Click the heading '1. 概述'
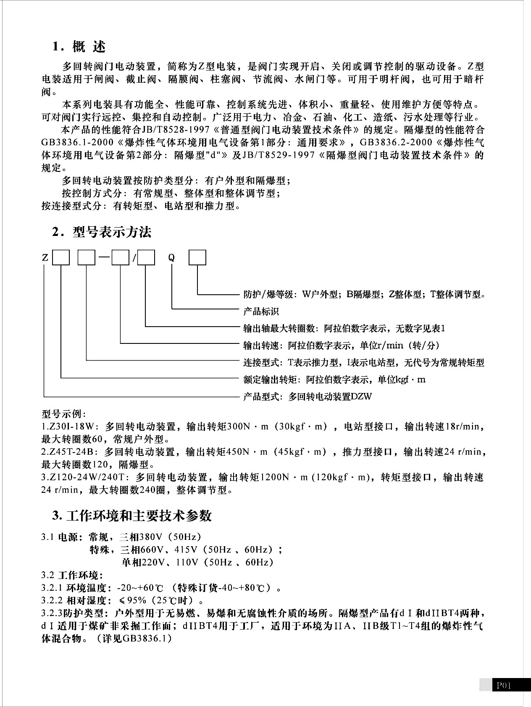tap(79, 47)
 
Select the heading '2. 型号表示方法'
tap(101, 232)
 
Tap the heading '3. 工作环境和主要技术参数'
tap(131, 516)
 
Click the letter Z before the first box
tap(45, 257)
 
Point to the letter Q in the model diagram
tap(171, 257)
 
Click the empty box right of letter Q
tap(197, 257)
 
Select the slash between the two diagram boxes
tap(134, 258)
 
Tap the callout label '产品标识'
tap(261, 312)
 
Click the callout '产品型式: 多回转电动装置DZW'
tap(308, 397)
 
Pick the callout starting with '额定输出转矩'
tap(334, 380)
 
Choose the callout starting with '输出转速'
tap(341, 346)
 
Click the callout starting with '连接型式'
tap(364, 363)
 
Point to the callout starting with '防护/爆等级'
tap(365, 294)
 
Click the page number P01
tap(504, 686)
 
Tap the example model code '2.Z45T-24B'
tap(70, 452)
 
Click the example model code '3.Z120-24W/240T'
tap(83, 477)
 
